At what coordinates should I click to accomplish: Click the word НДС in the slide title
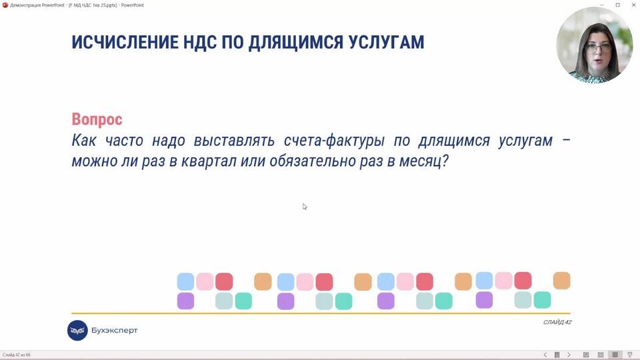199,42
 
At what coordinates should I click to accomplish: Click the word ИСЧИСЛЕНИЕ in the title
125,42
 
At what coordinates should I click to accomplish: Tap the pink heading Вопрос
97,119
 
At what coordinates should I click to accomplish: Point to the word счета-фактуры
334,141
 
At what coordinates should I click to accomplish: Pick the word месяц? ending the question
424,161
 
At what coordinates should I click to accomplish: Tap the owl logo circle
77,330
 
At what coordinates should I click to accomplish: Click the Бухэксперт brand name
114,330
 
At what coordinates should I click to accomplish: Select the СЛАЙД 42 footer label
557,322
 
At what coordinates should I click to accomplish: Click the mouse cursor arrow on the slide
305,207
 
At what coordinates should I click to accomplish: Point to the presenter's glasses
597,48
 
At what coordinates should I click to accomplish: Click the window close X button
633,5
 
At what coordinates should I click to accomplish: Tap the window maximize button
617,5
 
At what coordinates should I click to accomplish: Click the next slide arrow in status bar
569,355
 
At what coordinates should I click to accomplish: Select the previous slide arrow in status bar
545,355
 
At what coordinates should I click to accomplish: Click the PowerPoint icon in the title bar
5,5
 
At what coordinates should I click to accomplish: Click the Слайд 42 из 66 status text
16,355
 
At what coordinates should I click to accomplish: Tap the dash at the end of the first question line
566,141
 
